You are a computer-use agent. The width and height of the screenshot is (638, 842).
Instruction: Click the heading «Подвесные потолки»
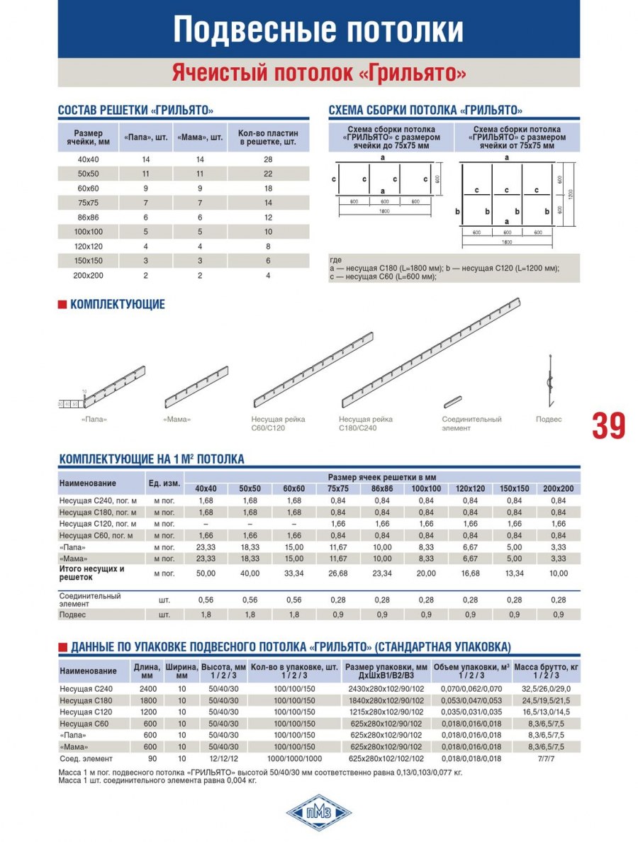coord(319,30)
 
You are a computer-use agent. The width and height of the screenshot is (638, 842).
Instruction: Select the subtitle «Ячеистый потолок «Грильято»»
coord(319,73)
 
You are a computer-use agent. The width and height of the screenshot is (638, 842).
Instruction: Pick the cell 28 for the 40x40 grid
coord(267,159)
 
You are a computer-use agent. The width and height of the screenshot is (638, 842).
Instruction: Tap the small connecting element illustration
coord(452,402)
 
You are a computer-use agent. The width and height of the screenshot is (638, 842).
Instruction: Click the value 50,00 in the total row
coord(206,573)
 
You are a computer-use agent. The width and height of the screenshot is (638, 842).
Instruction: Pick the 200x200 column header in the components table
coord(557,488)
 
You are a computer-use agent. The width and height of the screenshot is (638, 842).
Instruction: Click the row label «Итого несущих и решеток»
coord(92,573)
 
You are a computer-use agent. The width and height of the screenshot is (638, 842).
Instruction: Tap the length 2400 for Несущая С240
coord(147,688)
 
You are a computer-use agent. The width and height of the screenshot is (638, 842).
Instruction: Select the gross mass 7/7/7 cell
coord(545,758)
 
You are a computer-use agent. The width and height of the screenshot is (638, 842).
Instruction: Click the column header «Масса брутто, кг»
coord(545,670)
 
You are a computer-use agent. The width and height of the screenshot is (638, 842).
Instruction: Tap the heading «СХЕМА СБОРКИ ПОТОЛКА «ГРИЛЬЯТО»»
coord(425,111)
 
